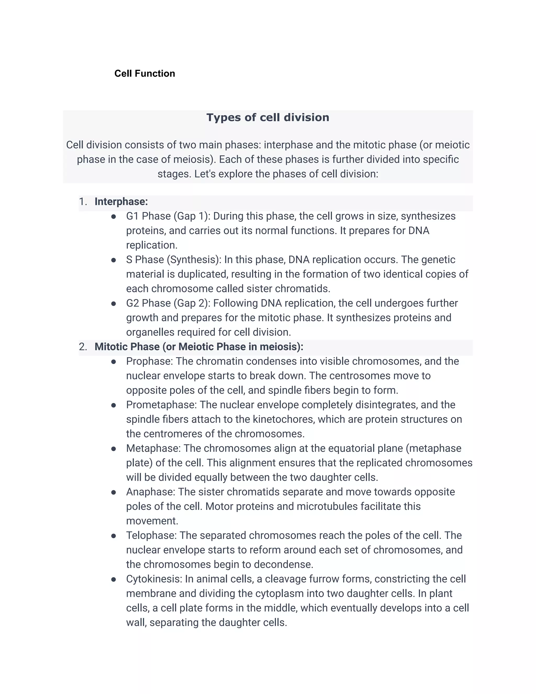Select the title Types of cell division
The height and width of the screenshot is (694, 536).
click(268, 117)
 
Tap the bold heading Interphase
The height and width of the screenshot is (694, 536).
click(121, 201)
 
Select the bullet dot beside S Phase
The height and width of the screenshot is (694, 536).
click(113, 260)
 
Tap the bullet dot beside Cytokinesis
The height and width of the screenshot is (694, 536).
click(113, 579)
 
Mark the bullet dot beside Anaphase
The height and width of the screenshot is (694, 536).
click(113, 492)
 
